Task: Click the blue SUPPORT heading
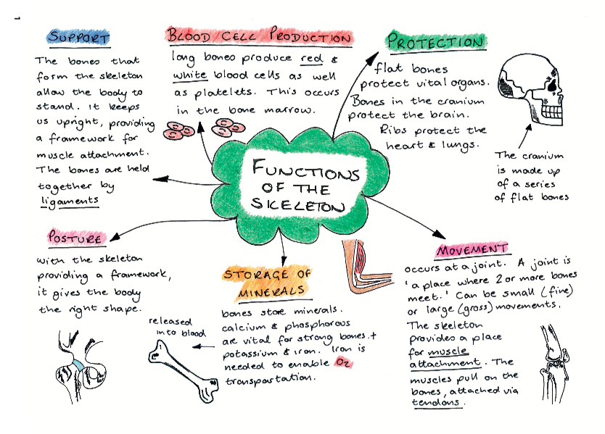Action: pos(78,37)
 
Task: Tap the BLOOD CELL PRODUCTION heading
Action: pos(259,37)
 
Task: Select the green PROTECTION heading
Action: pos(435,42)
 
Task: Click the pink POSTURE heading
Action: pos(75,238)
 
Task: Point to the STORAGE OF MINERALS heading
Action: pos(268,283)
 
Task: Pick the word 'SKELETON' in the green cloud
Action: pos(299,205)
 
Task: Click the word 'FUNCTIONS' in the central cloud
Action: pos(305,172)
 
